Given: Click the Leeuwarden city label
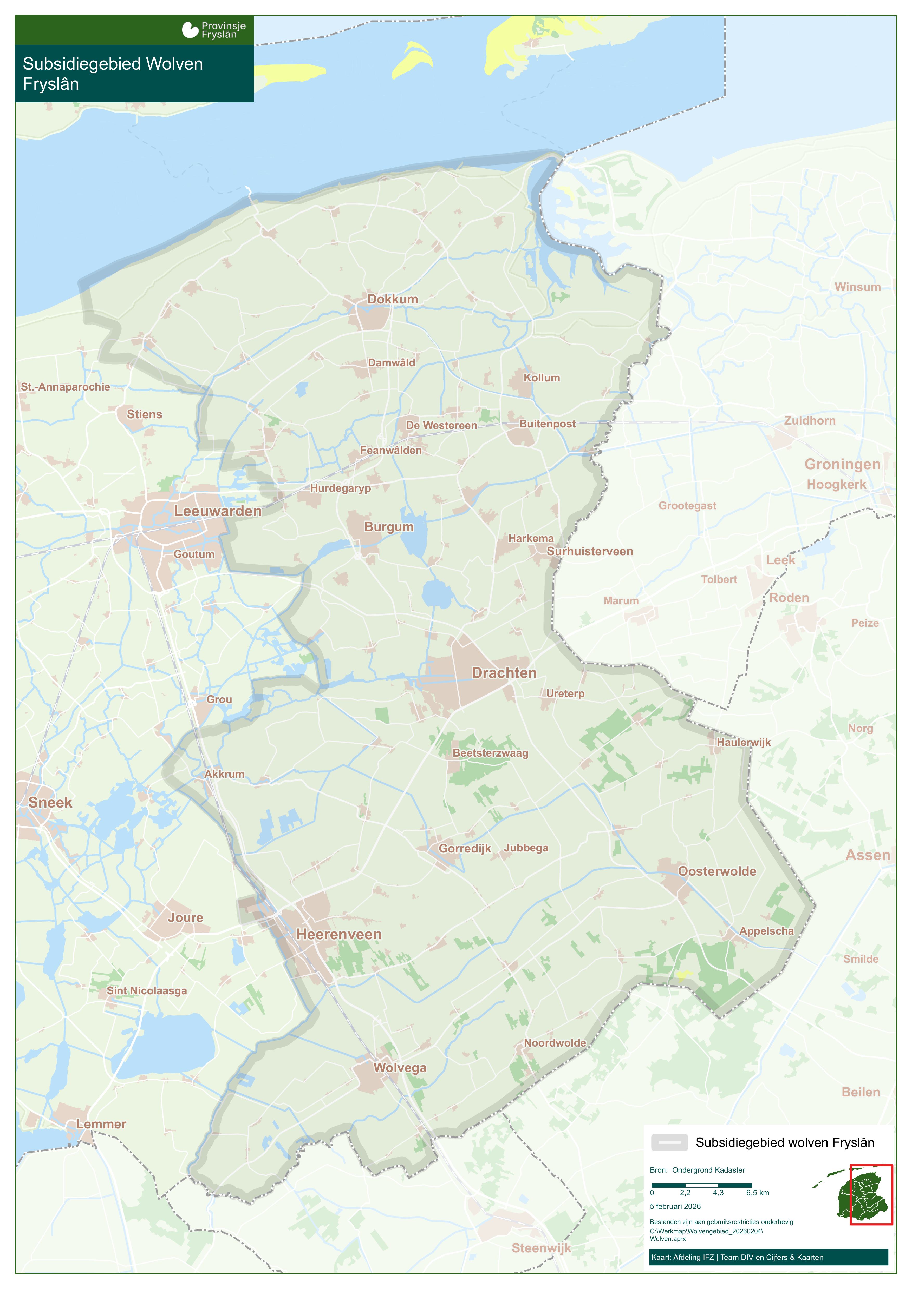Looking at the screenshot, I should [217, 511].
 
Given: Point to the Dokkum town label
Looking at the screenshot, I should [393, 299].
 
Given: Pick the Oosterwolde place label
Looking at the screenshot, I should [716, 871].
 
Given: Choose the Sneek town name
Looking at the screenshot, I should [50, 802].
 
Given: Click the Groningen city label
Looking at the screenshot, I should [842, 464].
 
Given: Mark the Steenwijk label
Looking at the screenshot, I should [541, 1247].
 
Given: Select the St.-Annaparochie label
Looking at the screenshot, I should [65, 387].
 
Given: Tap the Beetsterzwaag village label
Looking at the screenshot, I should [490, 753].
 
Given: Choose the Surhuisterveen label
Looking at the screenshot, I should [590, 551].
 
